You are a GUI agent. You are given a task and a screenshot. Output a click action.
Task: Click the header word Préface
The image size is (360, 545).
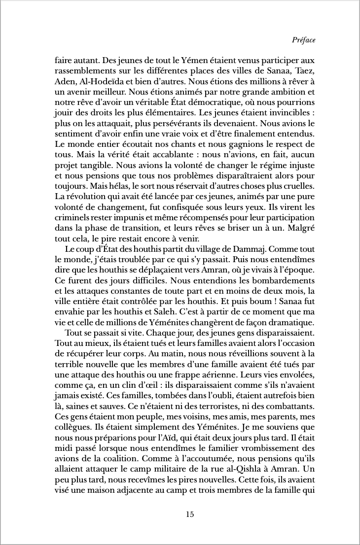pos(303,40)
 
